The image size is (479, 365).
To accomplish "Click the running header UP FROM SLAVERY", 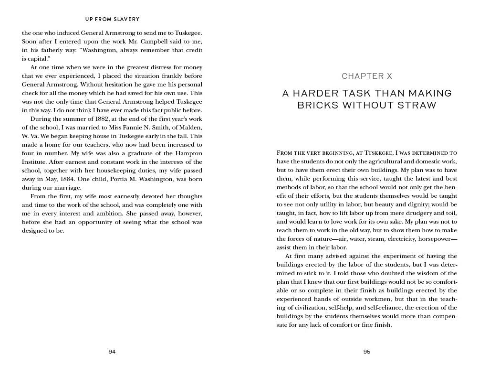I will tap(112, 20).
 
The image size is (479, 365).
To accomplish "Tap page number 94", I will tap(112, 352).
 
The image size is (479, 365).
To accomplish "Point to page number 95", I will tap(367, 352).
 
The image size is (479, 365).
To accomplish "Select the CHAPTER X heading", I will tap(367, 76).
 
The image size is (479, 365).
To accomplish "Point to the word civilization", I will tap(308, 308).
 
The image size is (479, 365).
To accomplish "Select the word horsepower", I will tap(436, 239).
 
